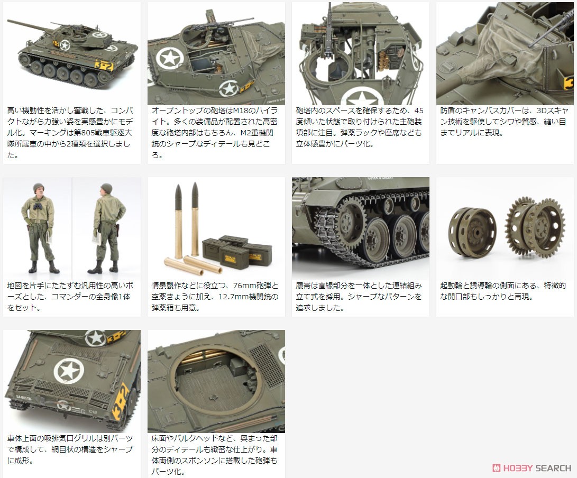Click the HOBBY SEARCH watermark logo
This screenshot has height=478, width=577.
(x=532, y=467)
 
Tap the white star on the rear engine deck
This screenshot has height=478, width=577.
(x=68, y=369)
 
